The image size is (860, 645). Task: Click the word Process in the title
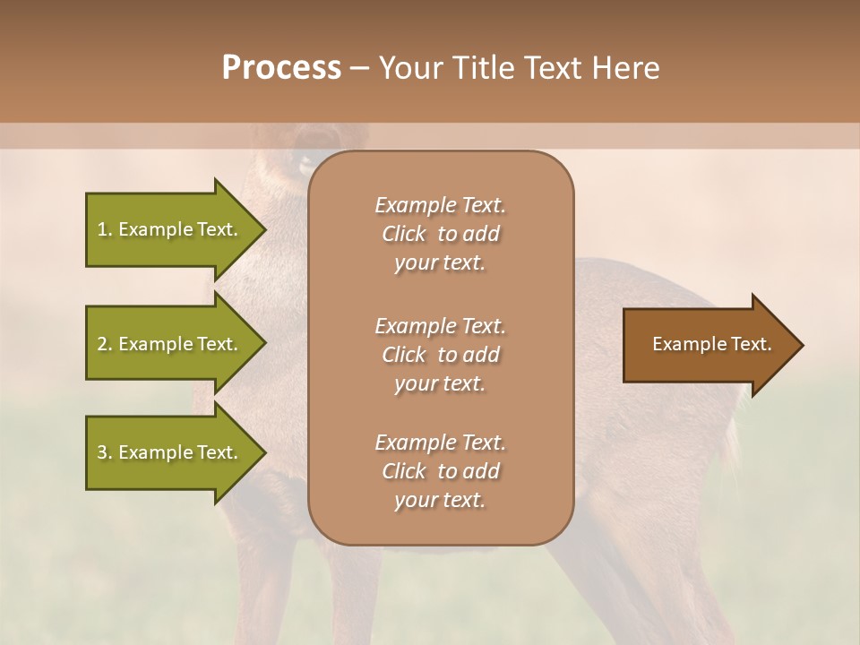coord(281,68)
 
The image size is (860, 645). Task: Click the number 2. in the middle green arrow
coord(105,344)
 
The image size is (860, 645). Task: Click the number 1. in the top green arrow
coord(105,229)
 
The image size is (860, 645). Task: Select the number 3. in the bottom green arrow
coord(105,452)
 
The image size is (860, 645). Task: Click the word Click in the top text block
coord(403,234)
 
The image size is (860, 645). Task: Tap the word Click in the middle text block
coord(403,355)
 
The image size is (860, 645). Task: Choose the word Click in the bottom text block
coord(403,471)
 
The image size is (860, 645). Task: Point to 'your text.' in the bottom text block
coord(440,501)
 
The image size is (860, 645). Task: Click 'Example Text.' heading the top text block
coord(440,205)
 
